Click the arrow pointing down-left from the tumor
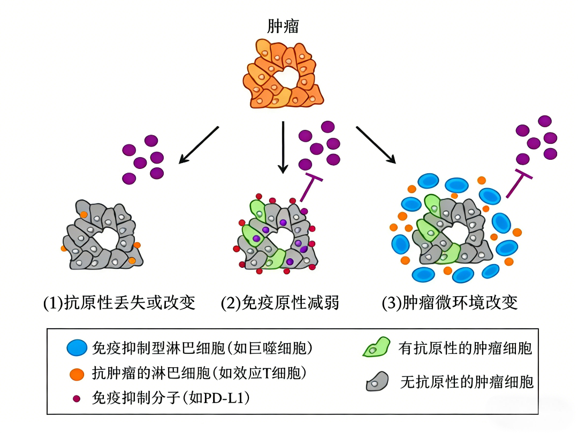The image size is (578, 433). tap(199, 144)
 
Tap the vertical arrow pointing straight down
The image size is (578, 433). tap(283, 147)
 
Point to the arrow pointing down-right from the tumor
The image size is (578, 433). tap(376, 144)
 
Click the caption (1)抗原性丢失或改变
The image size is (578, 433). tap(119, 303)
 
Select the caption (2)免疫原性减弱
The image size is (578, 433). tap(280, 303)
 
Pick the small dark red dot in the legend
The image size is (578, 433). tap(77, 398)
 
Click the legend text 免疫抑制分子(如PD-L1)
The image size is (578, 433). tap(172, 398)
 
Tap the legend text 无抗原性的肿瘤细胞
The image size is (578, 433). tap(467, 382)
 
